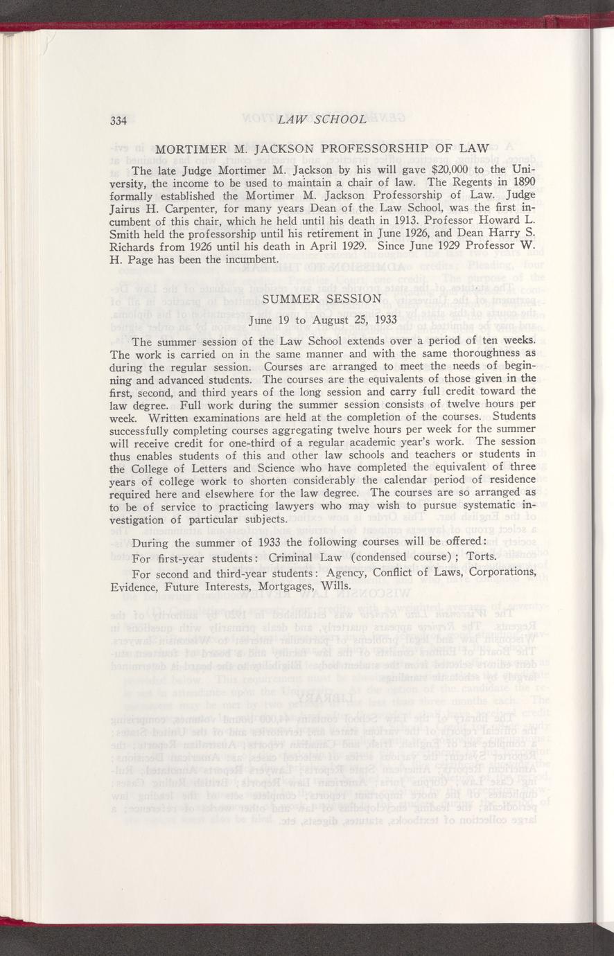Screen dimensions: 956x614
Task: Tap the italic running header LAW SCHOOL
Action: (x=320, y=119)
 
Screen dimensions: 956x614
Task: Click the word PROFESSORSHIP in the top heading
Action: (x=371, y=148)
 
